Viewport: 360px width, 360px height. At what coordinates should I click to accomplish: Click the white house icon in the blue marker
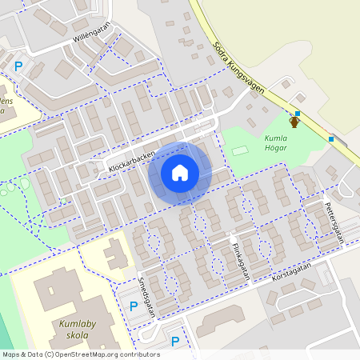180,173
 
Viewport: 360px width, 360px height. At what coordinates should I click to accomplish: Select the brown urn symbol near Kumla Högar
294,122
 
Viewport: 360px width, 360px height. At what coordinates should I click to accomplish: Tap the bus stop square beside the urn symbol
298,114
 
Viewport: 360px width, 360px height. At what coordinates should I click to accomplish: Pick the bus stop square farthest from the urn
331,139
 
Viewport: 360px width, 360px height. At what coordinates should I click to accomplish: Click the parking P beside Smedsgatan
133,306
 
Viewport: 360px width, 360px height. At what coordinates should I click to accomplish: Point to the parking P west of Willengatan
18,67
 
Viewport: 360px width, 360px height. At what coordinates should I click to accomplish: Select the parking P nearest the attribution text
174,342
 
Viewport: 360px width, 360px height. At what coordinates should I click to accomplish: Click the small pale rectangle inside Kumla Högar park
240,150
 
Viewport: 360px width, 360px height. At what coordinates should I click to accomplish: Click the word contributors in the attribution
142,354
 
